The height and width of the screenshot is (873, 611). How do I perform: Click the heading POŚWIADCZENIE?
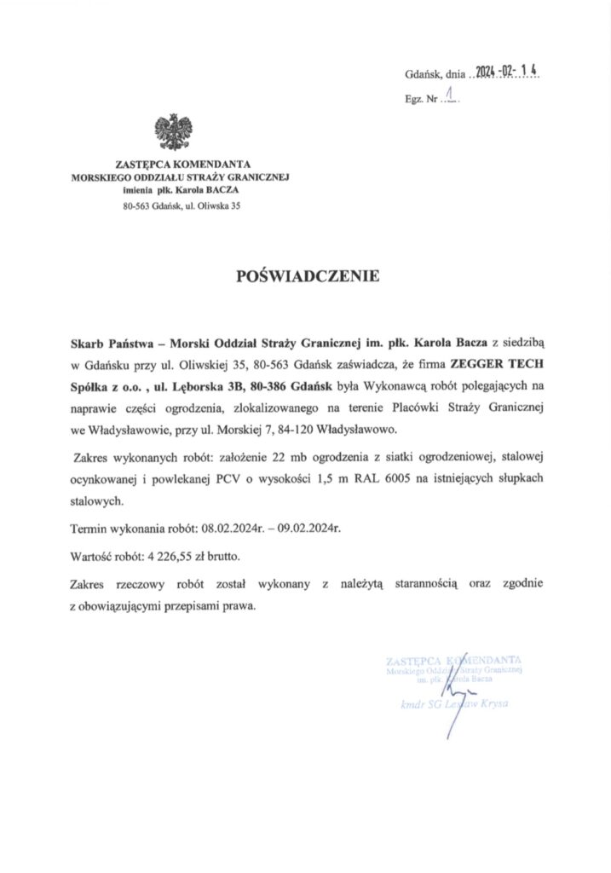(304, 276)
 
